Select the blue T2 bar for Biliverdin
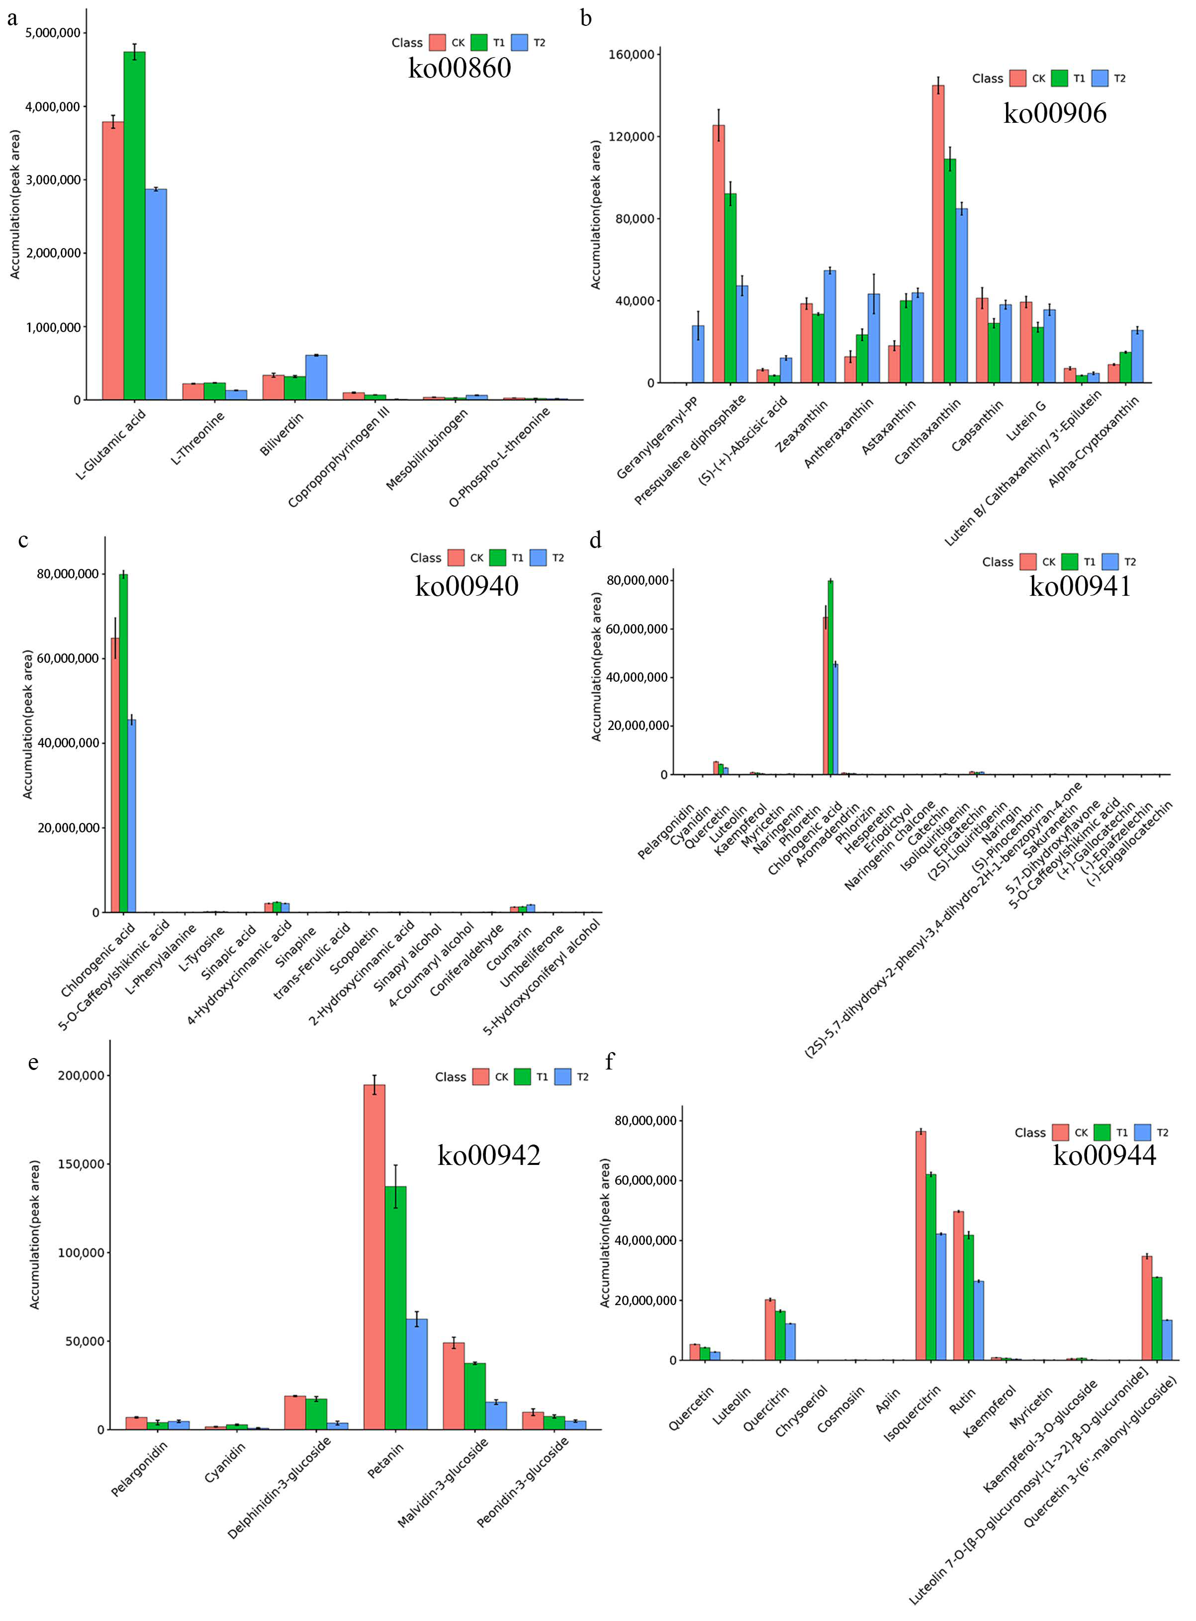click(316, 378)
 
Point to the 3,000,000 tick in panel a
click(53, 180)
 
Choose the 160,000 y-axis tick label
click(632, 54)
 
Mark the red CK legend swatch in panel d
click(1028, 561)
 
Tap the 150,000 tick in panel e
click(81, 1164)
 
